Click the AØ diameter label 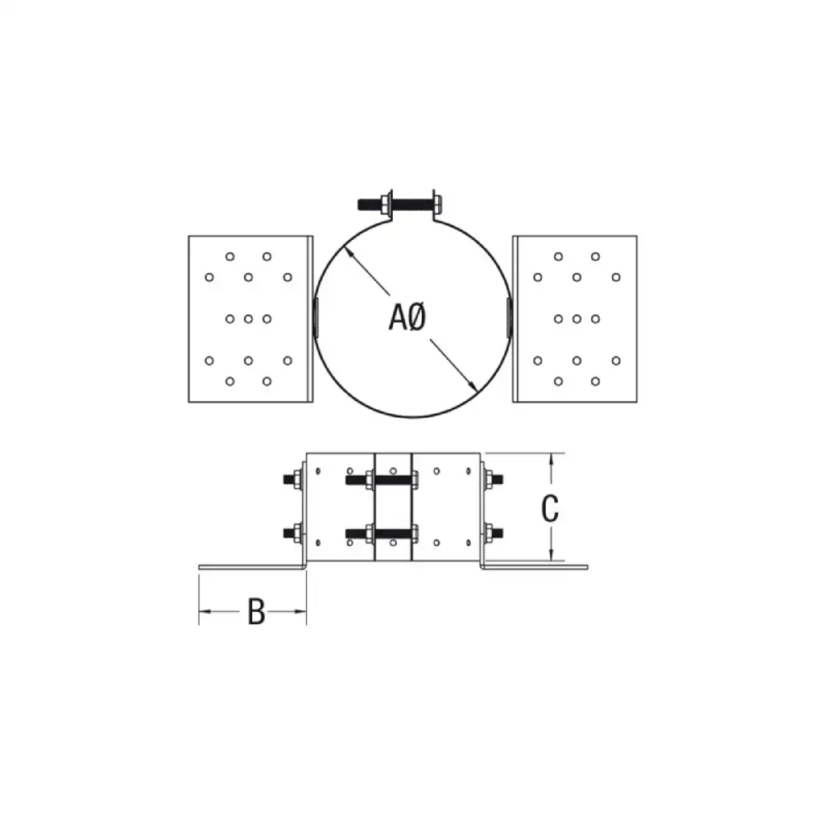pos(407,317)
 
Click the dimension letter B pos(256,613)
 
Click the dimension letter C pos(550,509)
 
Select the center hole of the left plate pos(249,318)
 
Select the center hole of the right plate pos(576,318)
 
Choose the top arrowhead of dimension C pos(550,457)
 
